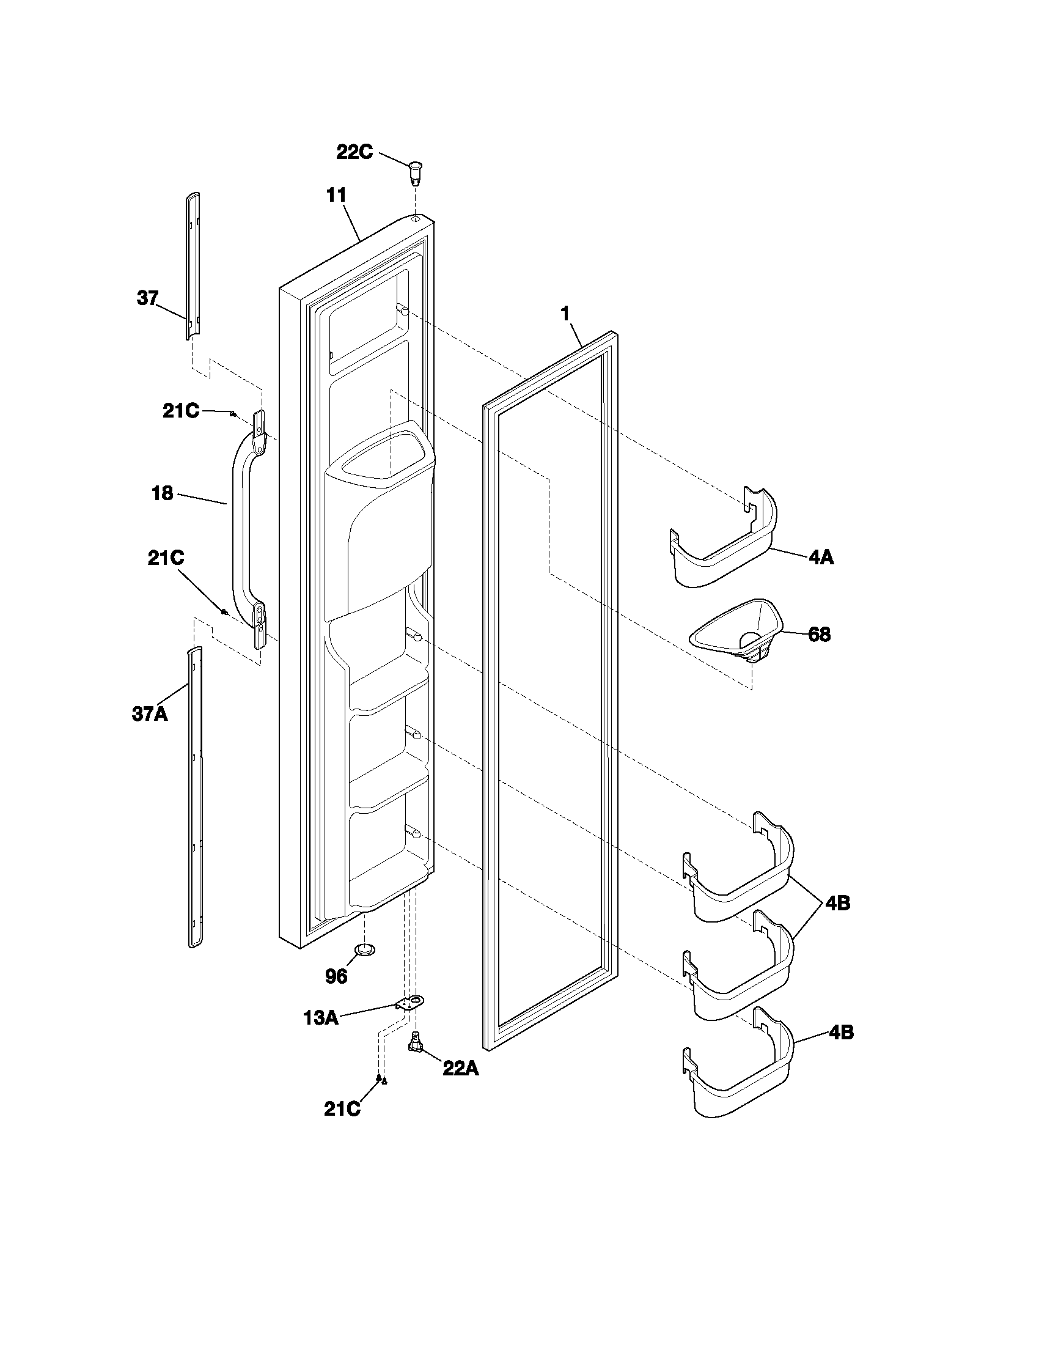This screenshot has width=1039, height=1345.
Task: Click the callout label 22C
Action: tap(354, 152)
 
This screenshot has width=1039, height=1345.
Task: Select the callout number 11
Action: tap(336, 196)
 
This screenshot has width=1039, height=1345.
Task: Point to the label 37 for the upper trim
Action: tap(147, 300)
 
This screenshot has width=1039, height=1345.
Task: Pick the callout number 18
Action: tap(163, 493)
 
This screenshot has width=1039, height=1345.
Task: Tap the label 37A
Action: tap(150, 713)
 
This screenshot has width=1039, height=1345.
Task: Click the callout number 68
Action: tap(818, 635)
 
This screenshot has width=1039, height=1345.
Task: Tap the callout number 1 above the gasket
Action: tap(564, 314)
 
